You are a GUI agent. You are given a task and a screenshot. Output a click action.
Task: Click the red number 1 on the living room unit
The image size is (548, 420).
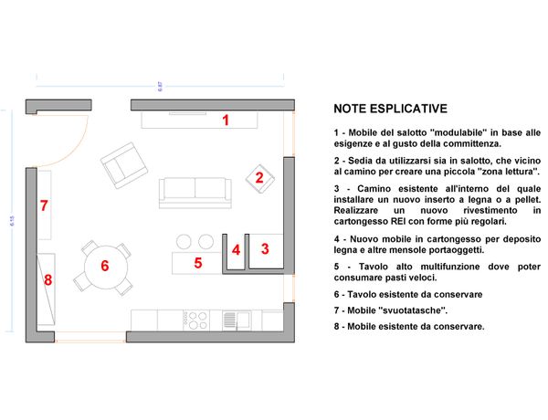(226, 121)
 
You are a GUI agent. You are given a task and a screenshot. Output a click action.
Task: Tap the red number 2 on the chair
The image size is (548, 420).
(259, 178)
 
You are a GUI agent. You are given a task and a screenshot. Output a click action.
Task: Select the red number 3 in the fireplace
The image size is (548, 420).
(265, 248)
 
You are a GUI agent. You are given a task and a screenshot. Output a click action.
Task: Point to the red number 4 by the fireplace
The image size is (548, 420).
(237, 250)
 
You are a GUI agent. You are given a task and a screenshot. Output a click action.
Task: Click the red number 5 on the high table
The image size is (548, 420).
(198, 263)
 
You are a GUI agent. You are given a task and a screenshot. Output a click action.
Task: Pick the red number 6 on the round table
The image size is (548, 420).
(105, 266)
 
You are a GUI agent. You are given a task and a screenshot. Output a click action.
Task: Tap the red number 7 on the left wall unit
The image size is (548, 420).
(44, 205)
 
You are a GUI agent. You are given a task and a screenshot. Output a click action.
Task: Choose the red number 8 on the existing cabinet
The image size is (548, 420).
(47, 280)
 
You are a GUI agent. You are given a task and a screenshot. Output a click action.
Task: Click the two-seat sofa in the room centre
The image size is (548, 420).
(195, 193)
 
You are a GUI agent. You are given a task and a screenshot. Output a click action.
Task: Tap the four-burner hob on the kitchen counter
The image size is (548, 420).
(196, 320)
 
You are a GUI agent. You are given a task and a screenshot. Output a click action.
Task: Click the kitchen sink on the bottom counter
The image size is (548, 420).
(237, 320)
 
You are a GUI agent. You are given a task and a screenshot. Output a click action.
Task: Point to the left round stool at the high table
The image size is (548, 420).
(184, 241)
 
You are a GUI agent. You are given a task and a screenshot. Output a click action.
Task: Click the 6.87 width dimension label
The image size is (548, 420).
(160, 87)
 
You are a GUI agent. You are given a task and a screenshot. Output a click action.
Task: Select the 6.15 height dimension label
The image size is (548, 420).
(12, 221)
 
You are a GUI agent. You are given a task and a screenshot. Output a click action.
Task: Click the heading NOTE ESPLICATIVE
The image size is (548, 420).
(390, 109)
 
